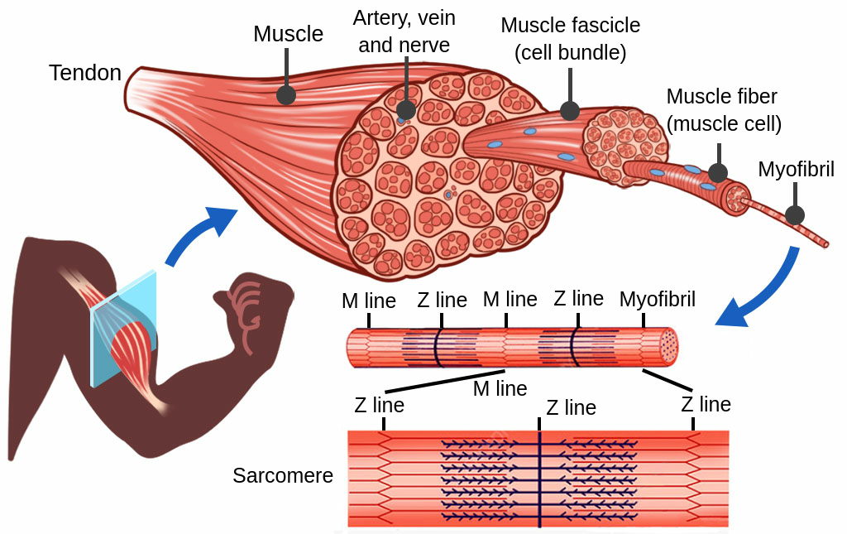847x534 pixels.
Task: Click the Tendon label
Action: [85, 73]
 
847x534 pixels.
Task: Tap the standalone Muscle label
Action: [288, 34]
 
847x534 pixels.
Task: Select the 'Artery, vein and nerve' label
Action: [404, 31]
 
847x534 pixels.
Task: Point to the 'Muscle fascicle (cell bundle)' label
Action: [570, 38]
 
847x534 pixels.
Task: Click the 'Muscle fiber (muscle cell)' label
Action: [723, 110]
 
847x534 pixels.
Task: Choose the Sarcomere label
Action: [283, 476]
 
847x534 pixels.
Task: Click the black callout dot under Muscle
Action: [286, 94]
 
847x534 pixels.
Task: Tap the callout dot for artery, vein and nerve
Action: [406, 110]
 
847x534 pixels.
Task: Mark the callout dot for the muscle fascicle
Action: [570, 110]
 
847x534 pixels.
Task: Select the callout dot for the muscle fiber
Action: [718, 173]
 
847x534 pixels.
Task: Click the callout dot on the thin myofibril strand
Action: [795, 215]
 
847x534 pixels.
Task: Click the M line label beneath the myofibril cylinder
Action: [500, 387]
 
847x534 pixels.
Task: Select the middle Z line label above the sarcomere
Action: [571, 408]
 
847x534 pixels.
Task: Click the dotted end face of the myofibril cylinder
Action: [668, 346]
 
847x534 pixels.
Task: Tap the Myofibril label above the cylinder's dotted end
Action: [658, 299]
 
